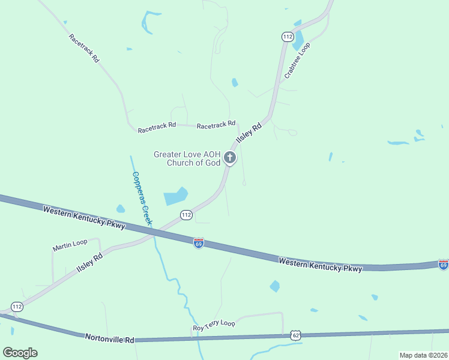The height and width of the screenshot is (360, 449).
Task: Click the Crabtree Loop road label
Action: (298, 63)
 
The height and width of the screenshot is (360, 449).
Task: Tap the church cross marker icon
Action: (229, 158)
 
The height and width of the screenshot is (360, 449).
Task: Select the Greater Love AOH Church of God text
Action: (187, 158)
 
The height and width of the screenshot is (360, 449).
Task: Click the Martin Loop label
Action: (70, 245)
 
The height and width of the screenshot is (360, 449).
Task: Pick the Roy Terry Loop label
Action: (213, 325)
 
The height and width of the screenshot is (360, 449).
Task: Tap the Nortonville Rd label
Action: (109, 339)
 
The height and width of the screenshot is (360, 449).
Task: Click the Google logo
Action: (20, 352)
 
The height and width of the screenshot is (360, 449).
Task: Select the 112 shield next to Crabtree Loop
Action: (288, 37)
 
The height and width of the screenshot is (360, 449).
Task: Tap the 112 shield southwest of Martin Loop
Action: (17, 307)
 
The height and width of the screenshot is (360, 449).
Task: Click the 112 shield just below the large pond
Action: (186, 214)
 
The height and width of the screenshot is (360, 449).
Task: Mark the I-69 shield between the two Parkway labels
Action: (199, 242)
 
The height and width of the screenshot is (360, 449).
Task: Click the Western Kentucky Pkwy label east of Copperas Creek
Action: (321, 264)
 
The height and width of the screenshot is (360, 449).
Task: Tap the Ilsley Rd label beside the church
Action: (249, 133)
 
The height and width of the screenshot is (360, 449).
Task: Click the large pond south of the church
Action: (175, 196)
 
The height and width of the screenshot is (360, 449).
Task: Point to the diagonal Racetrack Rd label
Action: (84, 49)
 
